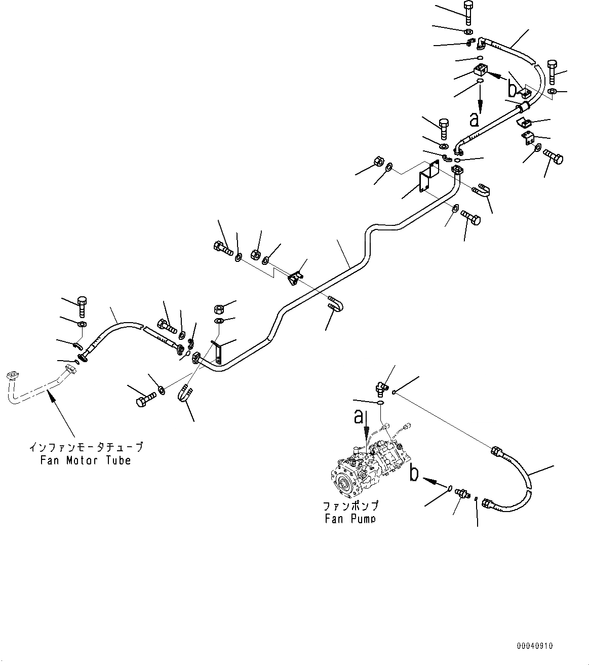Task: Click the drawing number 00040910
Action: pos(535,646)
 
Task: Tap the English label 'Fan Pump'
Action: pos(350,519)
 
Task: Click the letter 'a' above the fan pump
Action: pos(359,417)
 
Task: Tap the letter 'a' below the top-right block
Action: pos(474,120)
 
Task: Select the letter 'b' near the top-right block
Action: pos(513,90)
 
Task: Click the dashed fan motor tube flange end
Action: pos(13,376)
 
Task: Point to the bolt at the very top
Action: pos(467,12)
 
